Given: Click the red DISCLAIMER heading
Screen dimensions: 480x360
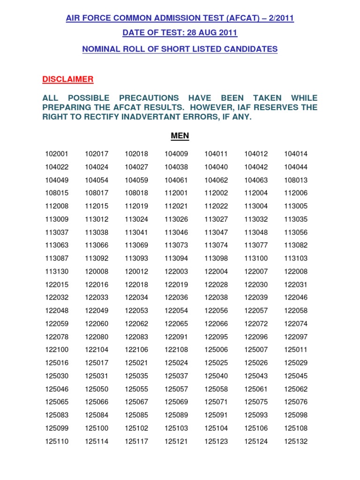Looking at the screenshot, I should pyautogui.click(x=68, y=79).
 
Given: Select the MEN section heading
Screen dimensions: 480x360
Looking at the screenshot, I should pyautogui.click(x=180, y=136).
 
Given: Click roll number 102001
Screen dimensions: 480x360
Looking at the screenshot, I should pyautogui.click(x=57, y=154).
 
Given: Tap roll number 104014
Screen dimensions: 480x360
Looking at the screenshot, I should pyautogui.click(x=296, y=154).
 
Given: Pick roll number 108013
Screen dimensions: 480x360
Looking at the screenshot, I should pyautogui.click(x=296, y=180).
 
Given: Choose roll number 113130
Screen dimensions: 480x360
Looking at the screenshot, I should pyautogui.click(x=57, y=271).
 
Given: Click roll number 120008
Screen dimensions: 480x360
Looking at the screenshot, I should pyautogui.click(x=97, y=271).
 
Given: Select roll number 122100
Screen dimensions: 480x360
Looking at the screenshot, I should pyautogui.click(x=57, y=350).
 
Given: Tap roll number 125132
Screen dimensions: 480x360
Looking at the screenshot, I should pyautogui.click(x=296, y=441).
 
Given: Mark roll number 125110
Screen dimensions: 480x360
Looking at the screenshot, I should pyautogui.click(x=57, y=441).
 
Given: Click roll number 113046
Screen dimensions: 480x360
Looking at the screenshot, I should pyautogui.click(x=176, y=232).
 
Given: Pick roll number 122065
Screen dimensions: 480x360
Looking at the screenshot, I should pyautogui.click(x=176, y=323).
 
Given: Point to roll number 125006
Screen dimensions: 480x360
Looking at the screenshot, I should pyautogui.click(x=216, y=350).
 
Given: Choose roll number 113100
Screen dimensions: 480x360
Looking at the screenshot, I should pyautogui.click(x=256, y=258).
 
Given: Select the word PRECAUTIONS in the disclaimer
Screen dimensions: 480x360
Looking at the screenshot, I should pyautogui.click(x=149, y=98).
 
